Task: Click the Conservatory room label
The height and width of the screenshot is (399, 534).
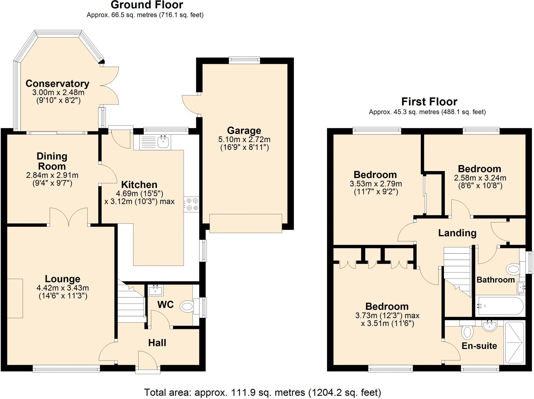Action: tap(57, 83)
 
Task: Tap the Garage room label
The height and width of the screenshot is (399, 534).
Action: tap(244, 130)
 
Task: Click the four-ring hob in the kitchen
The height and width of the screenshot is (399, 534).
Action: tap(191, 204)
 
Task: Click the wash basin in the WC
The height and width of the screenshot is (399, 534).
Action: tap(156, 290)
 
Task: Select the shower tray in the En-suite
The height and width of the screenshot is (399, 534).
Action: tap(514, 343)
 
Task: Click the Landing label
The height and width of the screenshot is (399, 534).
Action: tap(457, 233)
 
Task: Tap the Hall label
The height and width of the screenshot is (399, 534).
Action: tap(157, 343)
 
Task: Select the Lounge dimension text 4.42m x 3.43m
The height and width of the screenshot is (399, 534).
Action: tap(63, 288)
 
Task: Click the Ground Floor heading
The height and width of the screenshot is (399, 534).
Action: tap(147, 5)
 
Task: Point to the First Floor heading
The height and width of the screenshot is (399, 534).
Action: tap(429, 101)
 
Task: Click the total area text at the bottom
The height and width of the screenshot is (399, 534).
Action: tap(263, 392)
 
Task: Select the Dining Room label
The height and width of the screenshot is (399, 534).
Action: tap(52, 161)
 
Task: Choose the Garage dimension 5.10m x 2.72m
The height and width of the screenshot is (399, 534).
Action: tap(244, 139)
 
